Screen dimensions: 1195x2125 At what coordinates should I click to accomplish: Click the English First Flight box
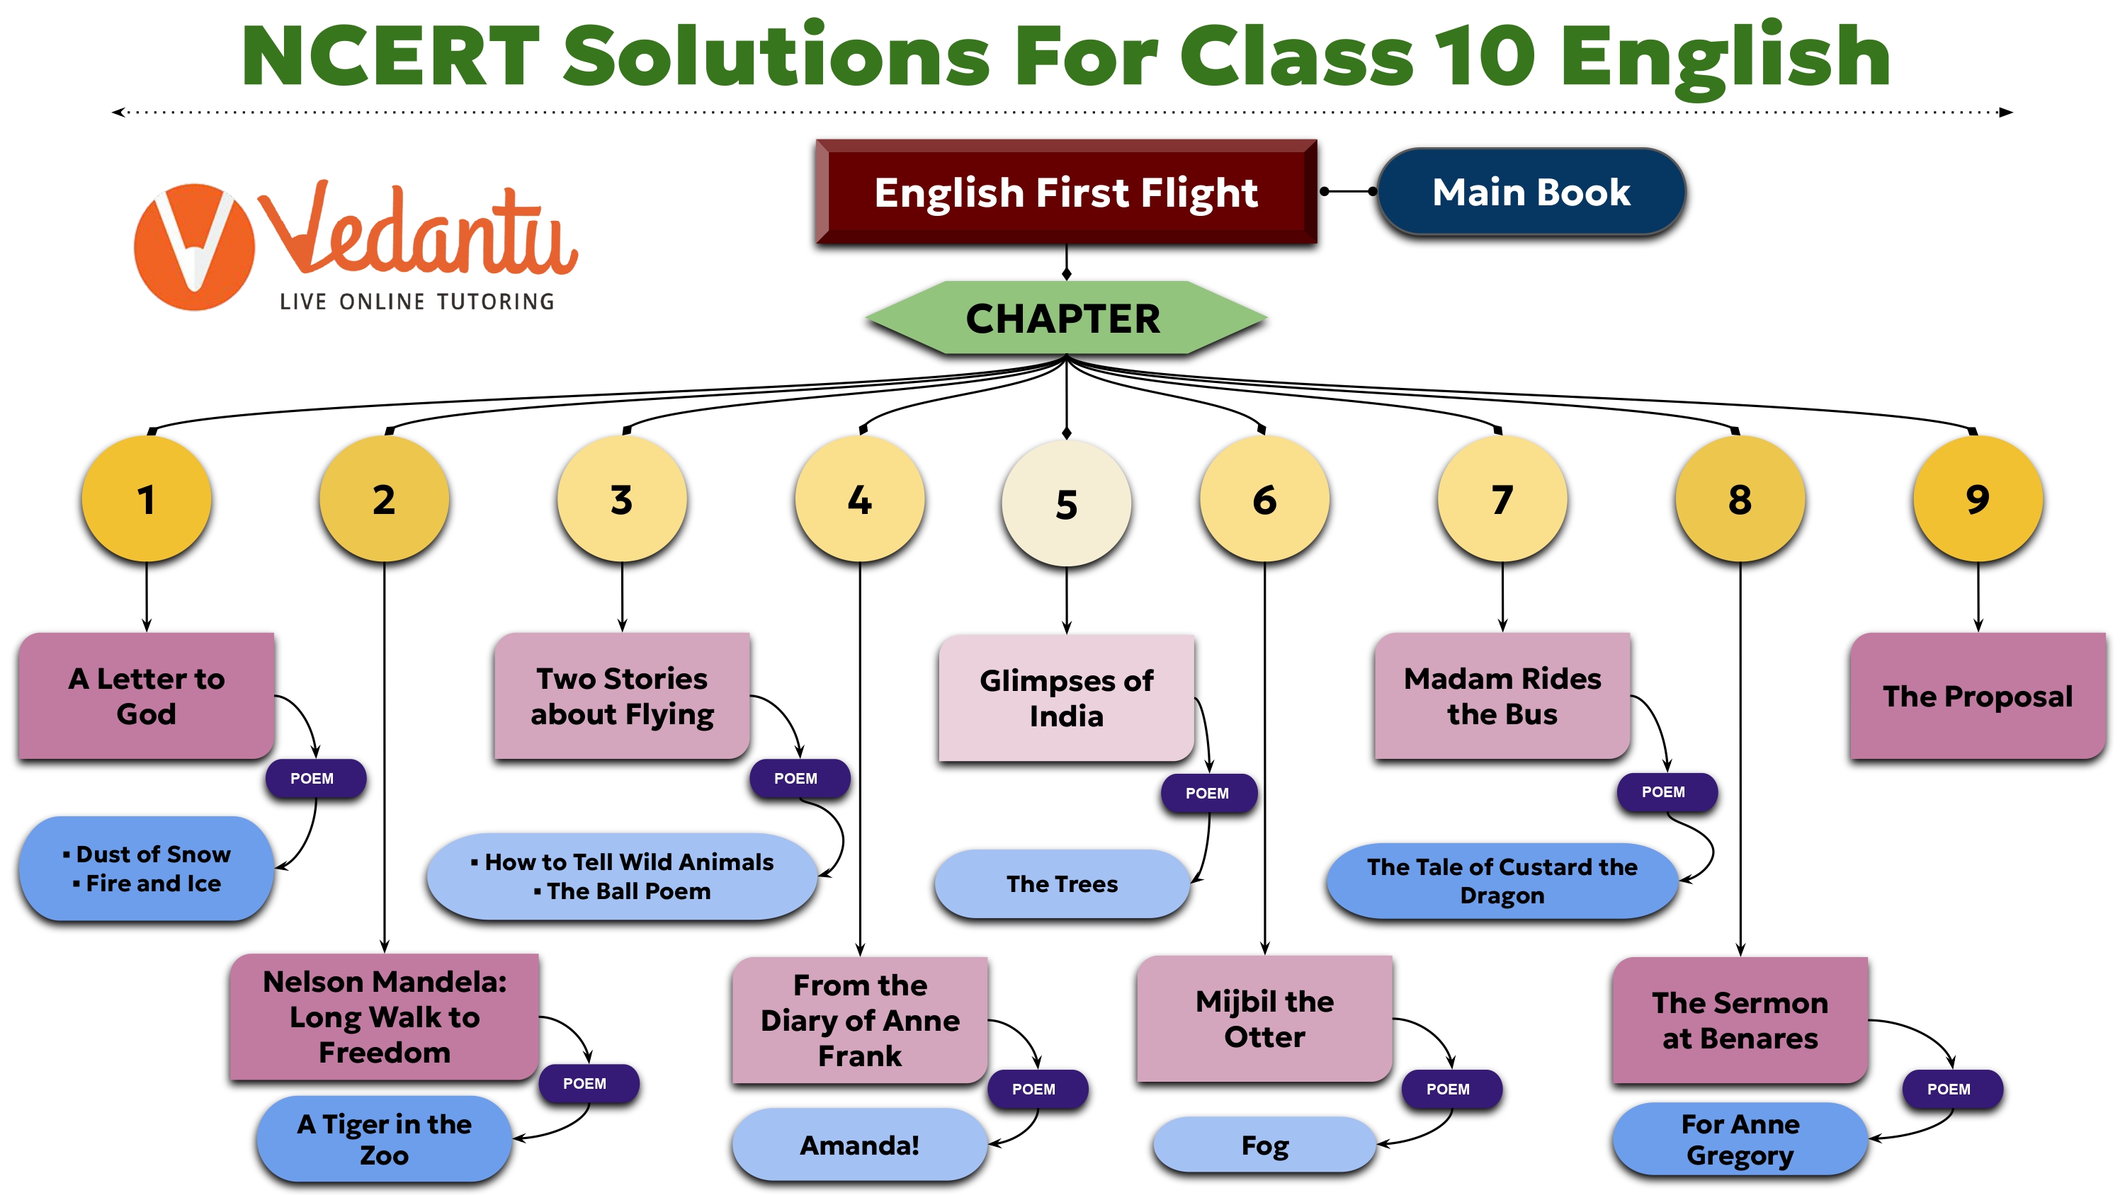pyautogui.click(x=1066, y=192)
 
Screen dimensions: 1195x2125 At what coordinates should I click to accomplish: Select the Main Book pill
pyautogui.click(x=1531, y=192)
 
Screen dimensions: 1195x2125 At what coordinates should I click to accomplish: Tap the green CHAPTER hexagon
pyautogui.click(x=1064, y=319)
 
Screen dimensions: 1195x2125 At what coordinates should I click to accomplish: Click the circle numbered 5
pyautogui.click(x=1067, y=503)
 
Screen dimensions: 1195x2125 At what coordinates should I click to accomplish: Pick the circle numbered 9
pyautogui.click(x=1978, y=499)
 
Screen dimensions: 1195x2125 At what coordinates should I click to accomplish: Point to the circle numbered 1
pyautogui.click(x=146, y=499)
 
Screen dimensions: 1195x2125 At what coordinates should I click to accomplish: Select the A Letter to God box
pyautogui.click(x=146, y=696)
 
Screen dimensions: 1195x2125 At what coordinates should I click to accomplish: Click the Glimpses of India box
pyautogui.click(x=1066, y=698)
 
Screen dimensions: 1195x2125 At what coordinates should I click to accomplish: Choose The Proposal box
pyautogui.click(x=1978, y=696)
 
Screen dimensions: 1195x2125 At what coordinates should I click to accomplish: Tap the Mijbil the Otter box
pyautogui.click(x=1264, y=1019)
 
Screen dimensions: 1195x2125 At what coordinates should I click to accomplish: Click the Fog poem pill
pyautogui.click(x=1264, y=1145)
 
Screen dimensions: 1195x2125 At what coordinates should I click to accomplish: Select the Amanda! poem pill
pyautogui.click(x=860, y=1145)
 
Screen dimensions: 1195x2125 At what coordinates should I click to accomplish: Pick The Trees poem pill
pyautogui.click(x=1062, y=884)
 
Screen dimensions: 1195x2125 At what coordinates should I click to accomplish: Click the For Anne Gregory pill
pyautogui.click(x=1740, y=1139)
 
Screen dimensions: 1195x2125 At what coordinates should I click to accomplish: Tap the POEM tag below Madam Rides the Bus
pyautogui.click(x=1663, y=791)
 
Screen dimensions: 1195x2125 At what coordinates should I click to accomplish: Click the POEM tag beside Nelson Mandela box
pyautogui.click(x=584, y=1084)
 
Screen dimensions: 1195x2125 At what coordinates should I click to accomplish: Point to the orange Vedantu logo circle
pyautogui.click(x=195, y=246)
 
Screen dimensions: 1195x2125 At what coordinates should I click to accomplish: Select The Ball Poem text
pyautogui.click(x=628, y=891)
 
